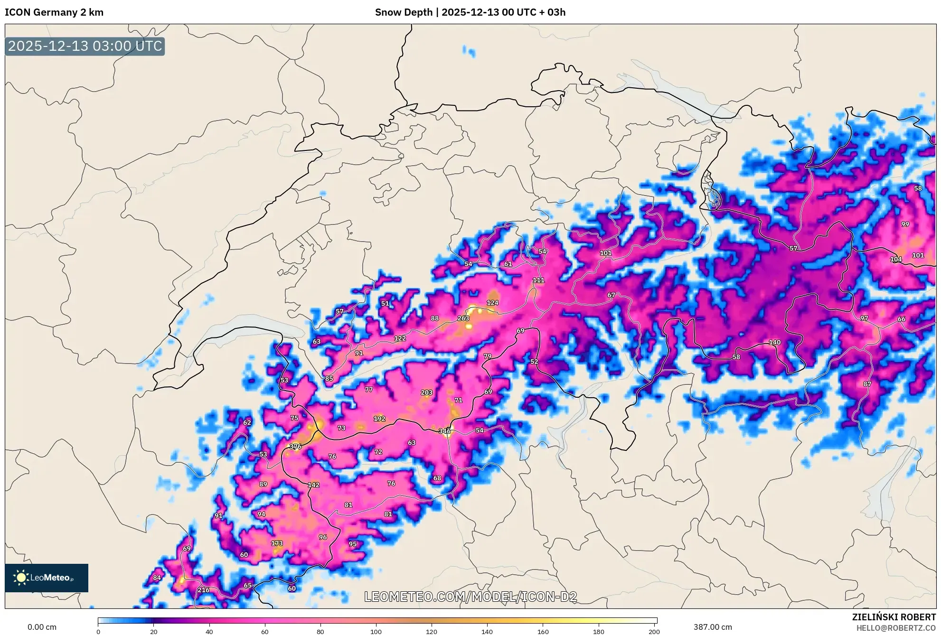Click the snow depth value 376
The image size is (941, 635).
(295, 447)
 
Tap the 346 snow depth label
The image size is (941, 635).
(444, 431)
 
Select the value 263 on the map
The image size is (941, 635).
(463, 318)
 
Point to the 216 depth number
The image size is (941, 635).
(203, 590)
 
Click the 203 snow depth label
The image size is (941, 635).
(426, 392)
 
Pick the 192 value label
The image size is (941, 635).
(379, 419)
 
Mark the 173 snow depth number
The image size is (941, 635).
(277, 543)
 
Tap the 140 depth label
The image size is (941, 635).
(774, 342)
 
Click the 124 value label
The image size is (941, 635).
(492, 303)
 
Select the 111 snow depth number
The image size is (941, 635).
(538, 280)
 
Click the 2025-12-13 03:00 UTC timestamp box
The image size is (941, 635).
(85, 46)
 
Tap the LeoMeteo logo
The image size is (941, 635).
(47, 578)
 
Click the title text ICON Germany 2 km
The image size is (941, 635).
(54, 12)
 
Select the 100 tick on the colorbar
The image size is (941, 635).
(376, 631)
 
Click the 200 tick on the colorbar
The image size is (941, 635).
(654, 631)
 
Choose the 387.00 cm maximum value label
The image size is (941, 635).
(712, 627)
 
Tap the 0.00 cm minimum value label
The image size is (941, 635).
(42, 627)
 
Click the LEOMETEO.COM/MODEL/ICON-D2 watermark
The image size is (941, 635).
(470, 597)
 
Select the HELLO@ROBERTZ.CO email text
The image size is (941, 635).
(896, 628)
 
